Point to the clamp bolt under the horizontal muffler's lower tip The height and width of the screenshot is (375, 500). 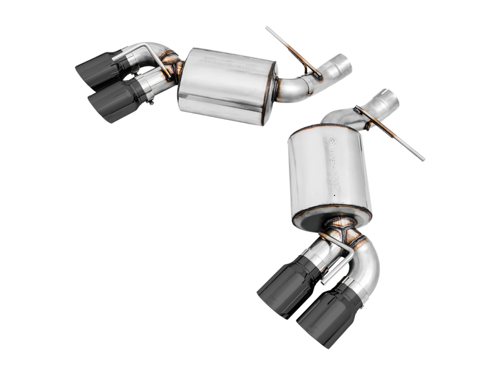coord(152,102)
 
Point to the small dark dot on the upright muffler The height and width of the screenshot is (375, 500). coord(335,196)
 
